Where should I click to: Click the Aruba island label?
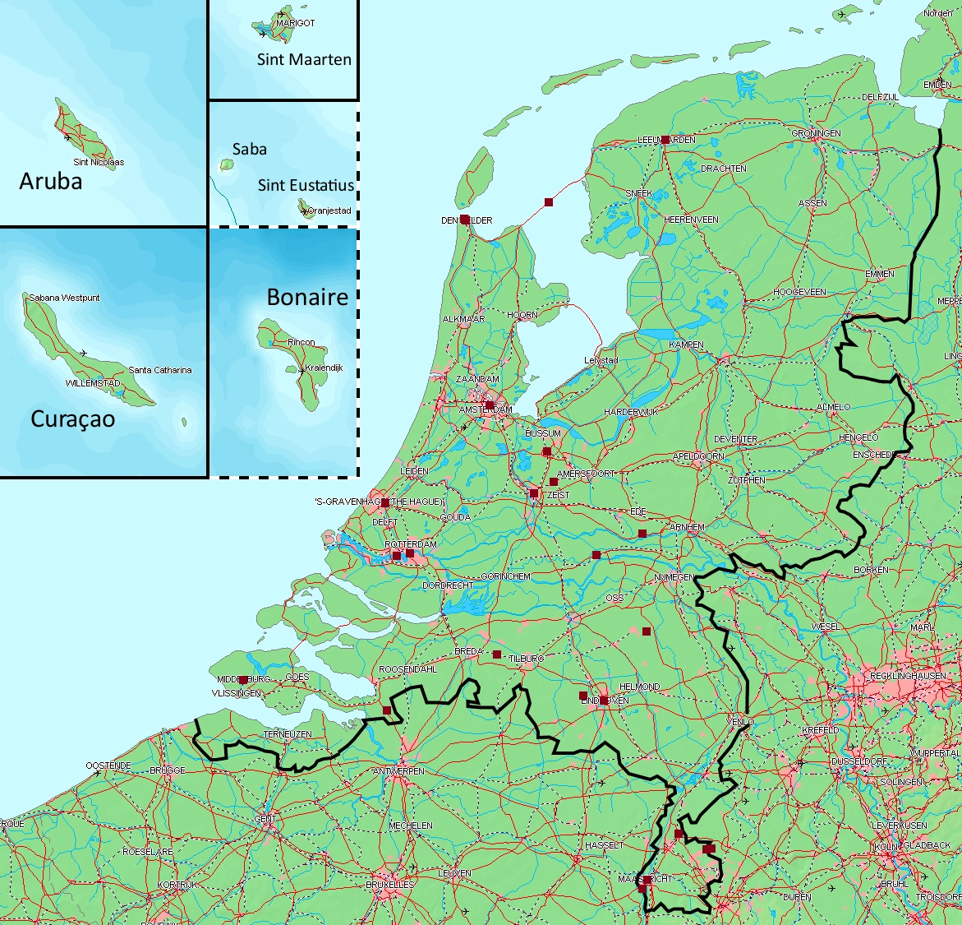(51, 181)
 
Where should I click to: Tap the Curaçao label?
(72, 419)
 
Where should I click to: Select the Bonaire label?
(307, 297)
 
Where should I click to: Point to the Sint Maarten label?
(304, 59)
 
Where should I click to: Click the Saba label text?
(249, 149)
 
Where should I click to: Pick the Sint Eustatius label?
(306, 185)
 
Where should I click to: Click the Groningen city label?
(816, 133)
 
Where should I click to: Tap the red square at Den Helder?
(465, 220)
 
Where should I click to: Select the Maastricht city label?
(645, 879)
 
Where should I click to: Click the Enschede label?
(873, 455)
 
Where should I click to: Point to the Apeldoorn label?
(698, 456)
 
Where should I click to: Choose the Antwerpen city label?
(398, 771)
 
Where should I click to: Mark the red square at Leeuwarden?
(665, 140)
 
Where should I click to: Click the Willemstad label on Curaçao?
(93, 384)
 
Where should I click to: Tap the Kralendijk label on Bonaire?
(324, 368)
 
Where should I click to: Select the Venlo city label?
(740, 721)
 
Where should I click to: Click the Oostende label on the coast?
(108, 765)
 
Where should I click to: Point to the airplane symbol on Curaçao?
(83, 353)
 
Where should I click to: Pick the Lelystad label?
(601, 361)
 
